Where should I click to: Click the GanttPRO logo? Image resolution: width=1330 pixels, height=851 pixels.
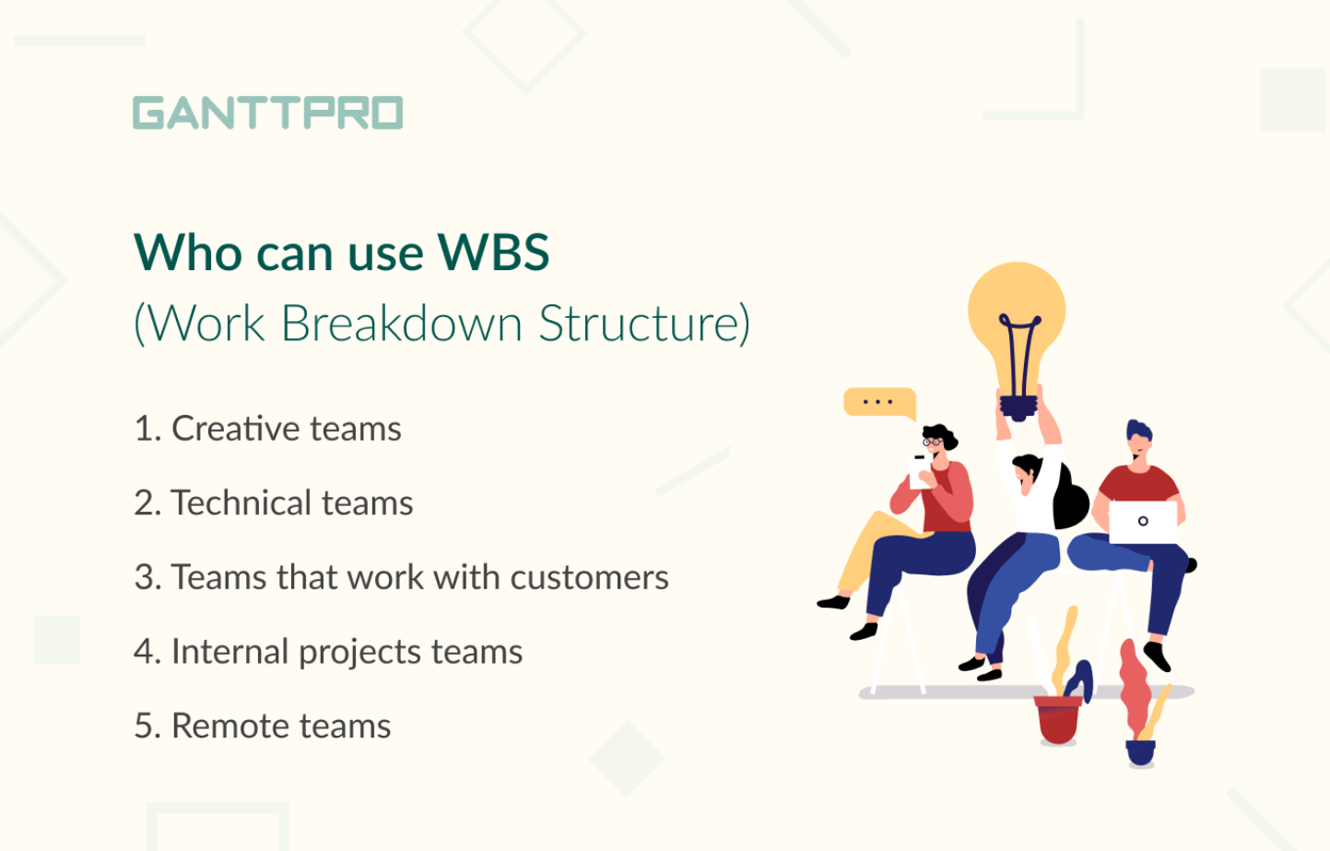coord(267,112)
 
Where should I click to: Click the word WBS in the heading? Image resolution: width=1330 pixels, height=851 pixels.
coord(493,253)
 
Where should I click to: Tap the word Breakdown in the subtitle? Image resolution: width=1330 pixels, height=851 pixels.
coord(401,324)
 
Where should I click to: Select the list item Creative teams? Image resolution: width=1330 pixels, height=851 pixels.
coord(268,429)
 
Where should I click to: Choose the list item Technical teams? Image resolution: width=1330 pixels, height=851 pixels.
coord(274,503)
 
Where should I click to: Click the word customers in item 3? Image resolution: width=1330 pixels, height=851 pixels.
coord(589,577)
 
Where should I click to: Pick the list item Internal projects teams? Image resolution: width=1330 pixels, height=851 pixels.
coord(328,652)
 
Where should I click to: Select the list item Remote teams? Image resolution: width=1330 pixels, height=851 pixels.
coord(263,727)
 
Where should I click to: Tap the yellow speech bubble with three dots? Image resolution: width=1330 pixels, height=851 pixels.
coord(878,402)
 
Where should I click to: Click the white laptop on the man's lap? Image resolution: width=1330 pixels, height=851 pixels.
coord(1143,521)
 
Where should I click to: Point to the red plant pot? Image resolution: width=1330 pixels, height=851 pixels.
coord(1057,719)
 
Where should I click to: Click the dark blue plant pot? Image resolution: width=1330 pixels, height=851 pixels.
coord(1140,752)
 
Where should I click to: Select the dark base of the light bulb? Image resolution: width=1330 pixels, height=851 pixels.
coord(1018,407)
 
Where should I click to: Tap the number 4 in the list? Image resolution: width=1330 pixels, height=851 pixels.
coord(143,652)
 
